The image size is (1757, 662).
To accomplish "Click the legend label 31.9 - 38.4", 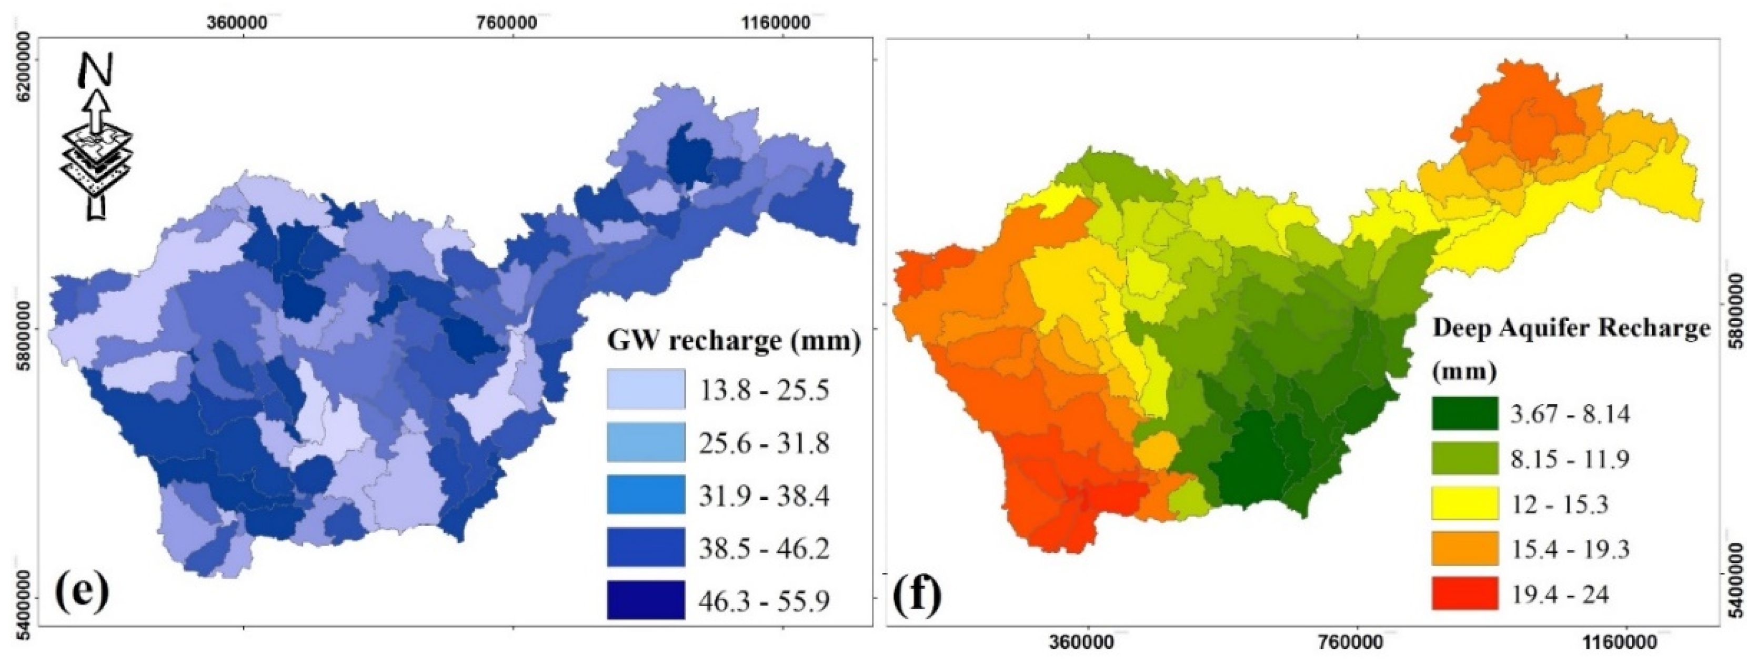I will coord(763,496).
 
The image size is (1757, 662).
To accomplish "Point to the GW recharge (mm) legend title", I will coord(733,340).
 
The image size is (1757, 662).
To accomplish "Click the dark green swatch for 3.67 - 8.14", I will coord(1464,413).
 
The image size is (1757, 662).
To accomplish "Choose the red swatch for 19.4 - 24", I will coord(1464,593).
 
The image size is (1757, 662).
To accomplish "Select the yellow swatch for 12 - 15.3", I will coord(1464,503).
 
